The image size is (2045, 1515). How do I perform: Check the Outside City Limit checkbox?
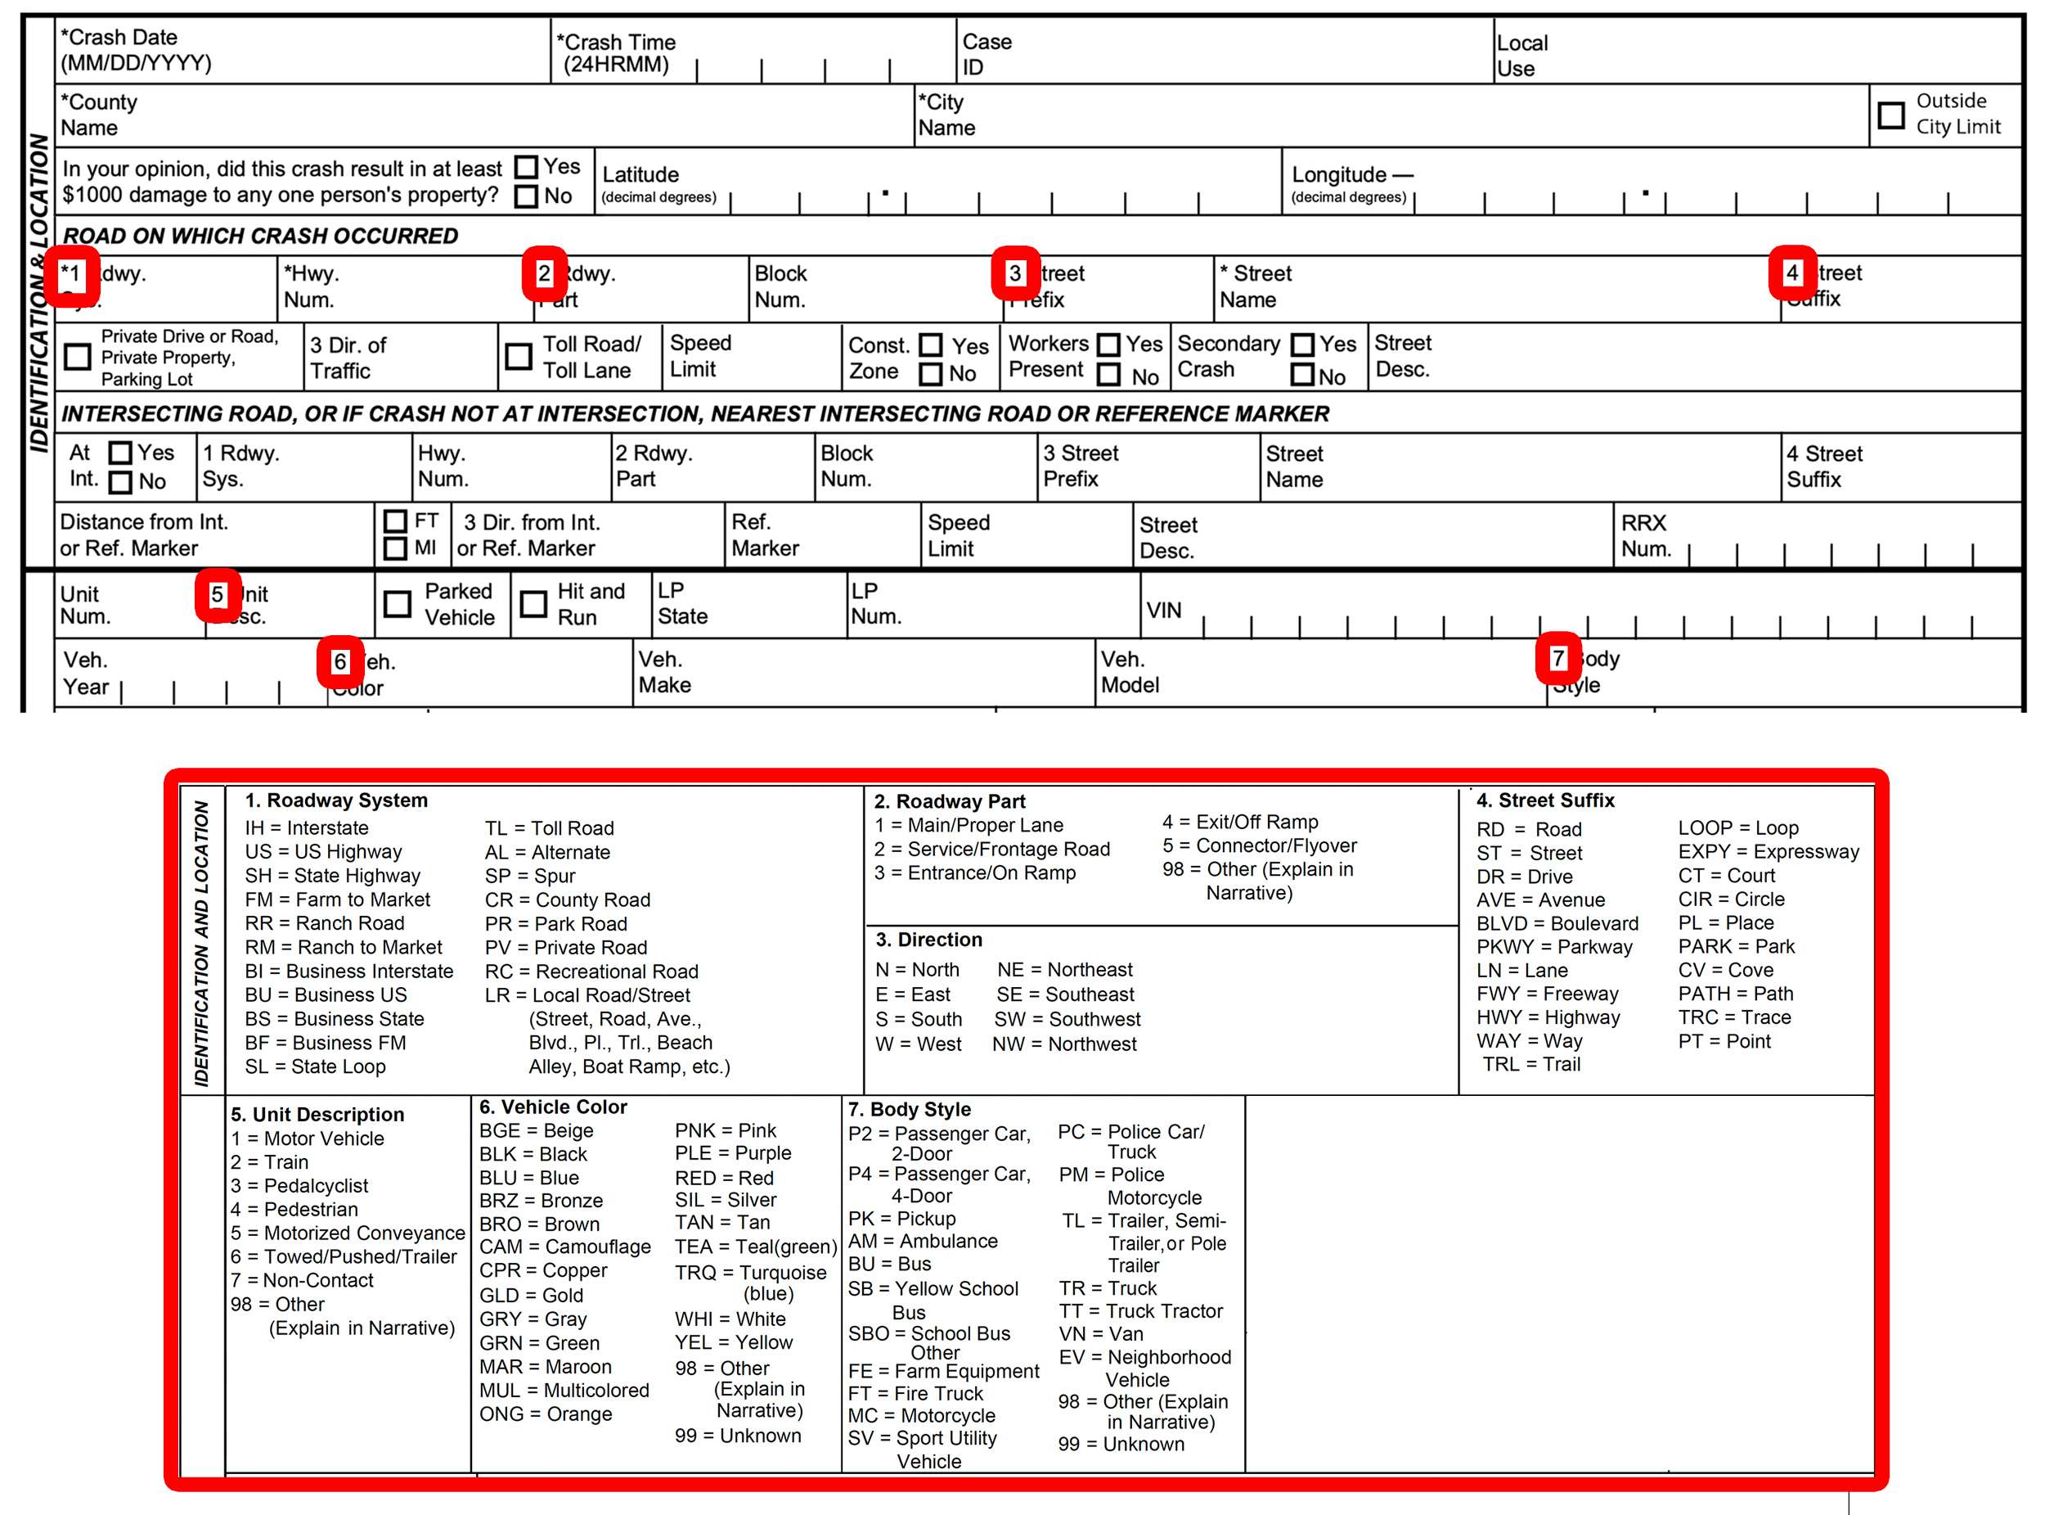[x=1890, y=115]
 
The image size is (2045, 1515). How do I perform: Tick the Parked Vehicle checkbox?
[x=397, y=603]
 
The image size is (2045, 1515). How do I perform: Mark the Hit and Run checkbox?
[x=533, y=603]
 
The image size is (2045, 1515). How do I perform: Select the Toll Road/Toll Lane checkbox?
[x=519, y=356]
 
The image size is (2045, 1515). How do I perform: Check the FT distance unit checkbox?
[x=395, y=521]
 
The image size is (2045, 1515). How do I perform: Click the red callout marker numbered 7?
[x=1557, y=658]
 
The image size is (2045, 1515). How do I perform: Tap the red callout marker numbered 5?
[x=218, y=595]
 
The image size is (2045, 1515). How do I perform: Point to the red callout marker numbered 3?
[x=1014, y=273]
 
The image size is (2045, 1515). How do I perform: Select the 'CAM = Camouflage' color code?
[x=564, y=1247]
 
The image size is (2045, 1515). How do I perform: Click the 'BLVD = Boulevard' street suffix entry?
[x=1557, y=923]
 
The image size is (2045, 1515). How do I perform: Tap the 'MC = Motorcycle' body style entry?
[x=920, y=1416]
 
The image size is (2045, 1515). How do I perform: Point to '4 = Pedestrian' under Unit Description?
[x=294, y=1210]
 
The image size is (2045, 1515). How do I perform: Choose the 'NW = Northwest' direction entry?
[x=1064, y=1044]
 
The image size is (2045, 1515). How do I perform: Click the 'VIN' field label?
[x=1163, y=611]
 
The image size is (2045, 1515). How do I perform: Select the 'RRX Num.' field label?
[x=1645, y=535]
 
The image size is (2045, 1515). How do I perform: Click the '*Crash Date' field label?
[x=119, y=38]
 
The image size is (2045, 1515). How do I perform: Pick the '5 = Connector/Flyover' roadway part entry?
[x=1260, y=845]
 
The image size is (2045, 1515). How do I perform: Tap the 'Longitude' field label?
[x=1339, y=174]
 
